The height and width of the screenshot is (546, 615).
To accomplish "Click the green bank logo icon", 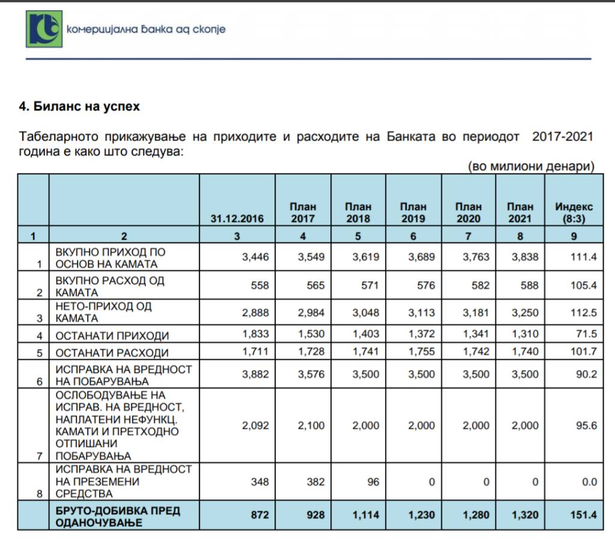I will point(44,28).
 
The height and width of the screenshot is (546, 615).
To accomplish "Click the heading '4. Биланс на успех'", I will point(79,106).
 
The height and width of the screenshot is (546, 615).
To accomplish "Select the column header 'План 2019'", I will point(413,213).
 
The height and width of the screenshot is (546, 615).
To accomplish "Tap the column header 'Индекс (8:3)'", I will point(574,213).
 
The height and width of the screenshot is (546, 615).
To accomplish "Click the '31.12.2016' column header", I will point(237,219).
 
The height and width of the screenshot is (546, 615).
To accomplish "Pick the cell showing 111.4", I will point(583,257).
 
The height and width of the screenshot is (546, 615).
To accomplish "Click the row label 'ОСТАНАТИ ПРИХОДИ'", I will point(112,336).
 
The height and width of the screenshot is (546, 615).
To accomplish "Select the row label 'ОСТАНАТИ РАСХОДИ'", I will point(112,353).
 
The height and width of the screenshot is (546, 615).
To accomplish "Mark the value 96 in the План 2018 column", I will point(372,481).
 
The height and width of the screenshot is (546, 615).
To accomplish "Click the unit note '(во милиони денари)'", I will point(531,166).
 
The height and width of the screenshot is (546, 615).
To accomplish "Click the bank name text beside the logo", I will point(147,29).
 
